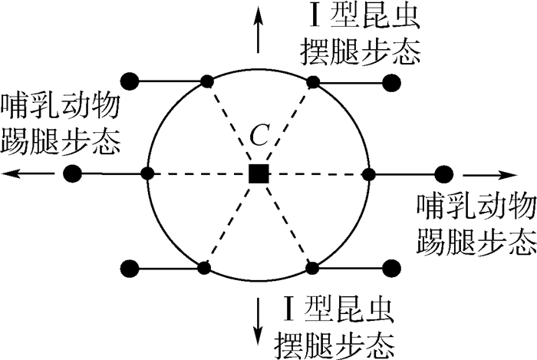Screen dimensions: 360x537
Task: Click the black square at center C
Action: click(259, 174)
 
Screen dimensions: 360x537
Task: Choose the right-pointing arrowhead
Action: click(506, 173)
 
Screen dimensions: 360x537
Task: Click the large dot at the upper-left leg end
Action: click(130, 80)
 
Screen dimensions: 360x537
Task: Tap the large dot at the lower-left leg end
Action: click(130, 268)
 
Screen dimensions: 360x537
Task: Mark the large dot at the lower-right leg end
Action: click(391, 268)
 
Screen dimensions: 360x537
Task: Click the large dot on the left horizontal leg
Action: click(72, 173)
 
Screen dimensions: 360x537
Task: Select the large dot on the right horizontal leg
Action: click(442, 173)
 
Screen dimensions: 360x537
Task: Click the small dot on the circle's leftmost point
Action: click(147, 173)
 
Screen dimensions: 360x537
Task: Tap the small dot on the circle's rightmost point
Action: click(368, 173)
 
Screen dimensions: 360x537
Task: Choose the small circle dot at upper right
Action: click(312, 81)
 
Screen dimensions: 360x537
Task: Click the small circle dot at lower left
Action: click(204, 267)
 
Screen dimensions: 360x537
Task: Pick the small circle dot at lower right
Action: click(312, 267)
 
